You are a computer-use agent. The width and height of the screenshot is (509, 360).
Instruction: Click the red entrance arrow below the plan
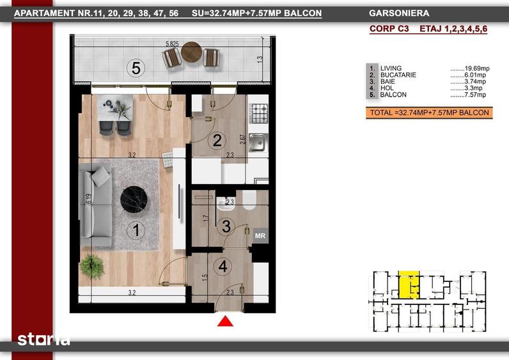pos(225,322)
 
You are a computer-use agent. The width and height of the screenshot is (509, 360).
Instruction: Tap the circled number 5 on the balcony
pos(136,68)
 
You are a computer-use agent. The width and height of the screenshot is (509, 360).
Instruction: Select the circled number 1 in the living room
pos(136,230)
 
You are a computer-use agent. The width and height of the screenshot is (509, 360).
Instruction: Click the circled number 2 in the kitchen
pos(217,140)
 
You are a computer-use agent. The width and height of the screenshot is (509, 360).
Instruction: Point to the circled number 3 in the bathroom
pos(226,226)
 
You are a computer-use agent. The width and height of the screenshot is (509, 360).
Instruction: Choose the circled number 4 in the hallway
pos(223,267)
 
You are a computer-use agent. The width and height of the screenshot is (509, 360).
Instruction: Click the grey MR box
pos(260,236)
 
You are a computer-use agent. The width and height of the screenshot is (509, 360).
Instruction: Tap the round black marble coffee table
pos(134,200)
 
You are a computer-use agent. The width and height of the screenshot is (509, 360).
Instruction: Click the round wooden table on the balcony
pos(192,52)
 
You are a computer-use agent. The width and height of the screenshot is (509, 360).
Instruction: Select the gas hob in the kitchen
pos(260,113)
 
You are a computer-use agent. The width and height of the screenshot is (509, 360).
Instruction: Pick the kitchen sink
pos(258,143)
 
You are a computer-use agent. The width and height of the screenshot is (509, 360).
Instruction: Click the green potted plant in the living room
pos(92,267)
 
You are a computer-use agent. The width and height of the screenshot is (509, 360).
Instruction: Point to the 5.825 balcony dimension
pos(172,44)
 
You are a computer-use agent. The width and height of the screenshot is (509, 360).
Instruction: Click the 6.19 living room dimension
pos(89,199)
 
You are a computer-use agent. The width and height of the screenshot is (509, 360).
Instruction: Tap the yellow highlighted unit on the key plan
pos(409,285)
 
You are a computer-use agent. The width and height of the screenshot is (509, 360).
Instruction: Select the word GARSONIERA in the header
pos(399,13)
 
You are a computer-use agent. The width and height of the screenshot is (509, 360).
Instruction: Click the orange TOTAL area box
pos(429,113)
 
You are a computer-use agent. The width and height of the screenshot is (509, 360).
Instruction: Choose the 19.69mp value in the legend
pos(477,68)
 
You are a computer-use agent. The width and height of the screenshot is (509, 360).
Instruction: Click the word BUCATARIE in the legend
pos(398,75)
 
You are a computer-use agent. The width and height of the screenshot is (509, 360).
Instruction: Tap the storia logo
pos(43,340)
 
